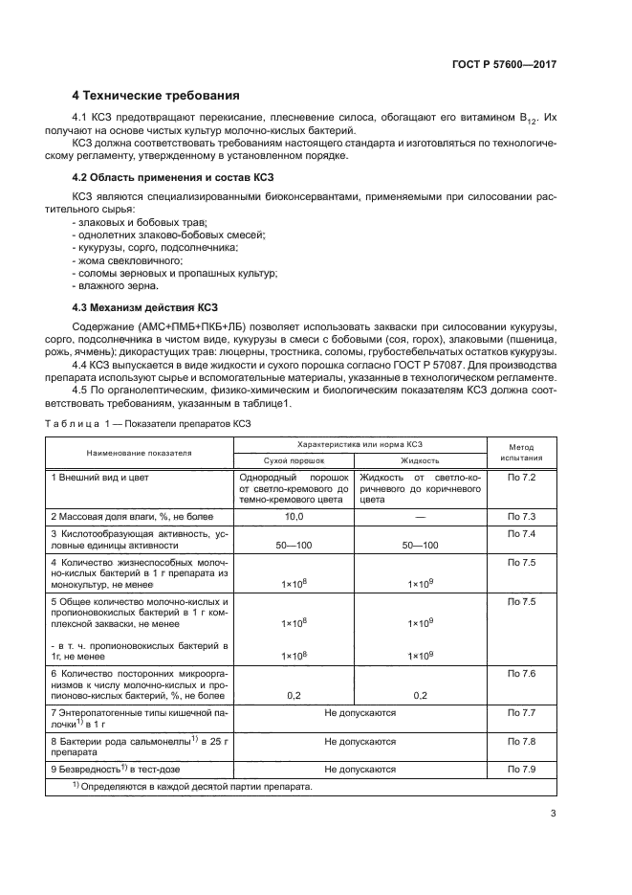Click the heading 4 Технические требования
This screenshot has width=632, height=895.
pyautogui.click(x=156, y=96)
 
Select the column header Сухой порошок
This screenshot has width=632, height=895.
pyautogui.click(x=294, y=460)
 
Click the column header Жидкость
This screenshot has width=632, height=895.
pyautogui.click(x=419, y=460)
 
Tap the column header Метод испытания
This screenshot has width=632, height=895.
pyautogui.click(x=520, y=453)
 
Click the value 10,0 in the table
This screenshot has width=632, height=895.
pyautogui.click(x=294, y=516)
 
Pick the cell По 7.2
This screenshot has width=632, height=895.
pyautogui.click(x=520, y=477)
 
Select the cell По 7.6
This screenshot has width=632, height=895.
pyautogui.click(x=520, y=675)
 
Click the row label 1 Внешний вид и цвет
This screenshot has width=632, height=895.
pyautogui.click(x=100, y=477)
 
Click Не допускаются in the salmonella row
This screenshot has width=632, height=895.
pyautogui.click(x=360, y=741)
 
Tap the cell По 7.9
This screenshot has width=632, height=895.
pyautogui.click(x=520, y=769)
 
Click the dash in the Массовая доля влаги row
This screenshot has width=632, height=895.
pyautogui.click(x=419, y=516)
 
